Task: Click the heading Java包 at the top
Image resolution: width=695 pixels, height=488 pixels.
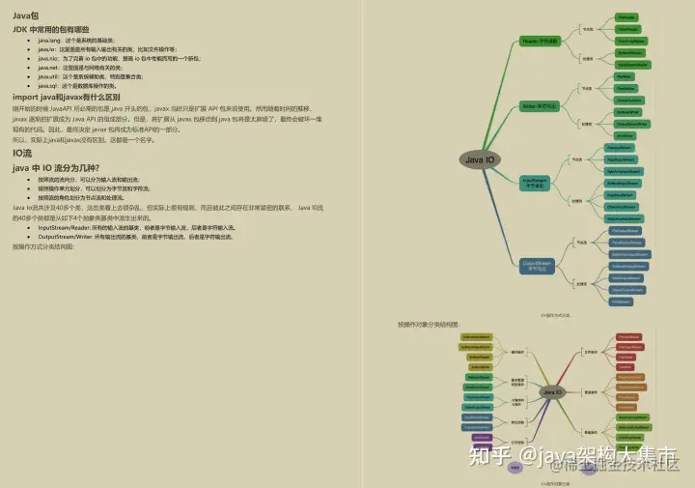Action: (27, 16)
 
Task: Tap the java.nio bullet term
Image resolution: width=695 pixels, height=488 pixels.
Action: (47, 58)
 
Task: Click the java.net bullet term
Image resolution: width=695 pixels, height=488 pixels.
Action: (47, 68)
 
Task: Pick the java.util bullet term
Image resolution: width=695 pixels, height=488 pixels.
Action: (47, 76)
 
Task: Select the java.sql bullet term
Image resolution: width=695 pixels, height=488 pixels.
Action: (47, 85)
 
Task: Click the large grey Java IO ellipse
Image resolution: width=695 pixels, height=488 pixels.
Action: (481, 159)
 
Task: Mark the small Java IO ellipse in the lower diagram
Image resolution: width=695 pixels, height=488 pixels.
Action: (553, 392)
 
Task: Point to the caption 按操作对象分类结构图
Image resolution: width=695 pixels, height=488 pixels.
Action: (429, 324)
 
